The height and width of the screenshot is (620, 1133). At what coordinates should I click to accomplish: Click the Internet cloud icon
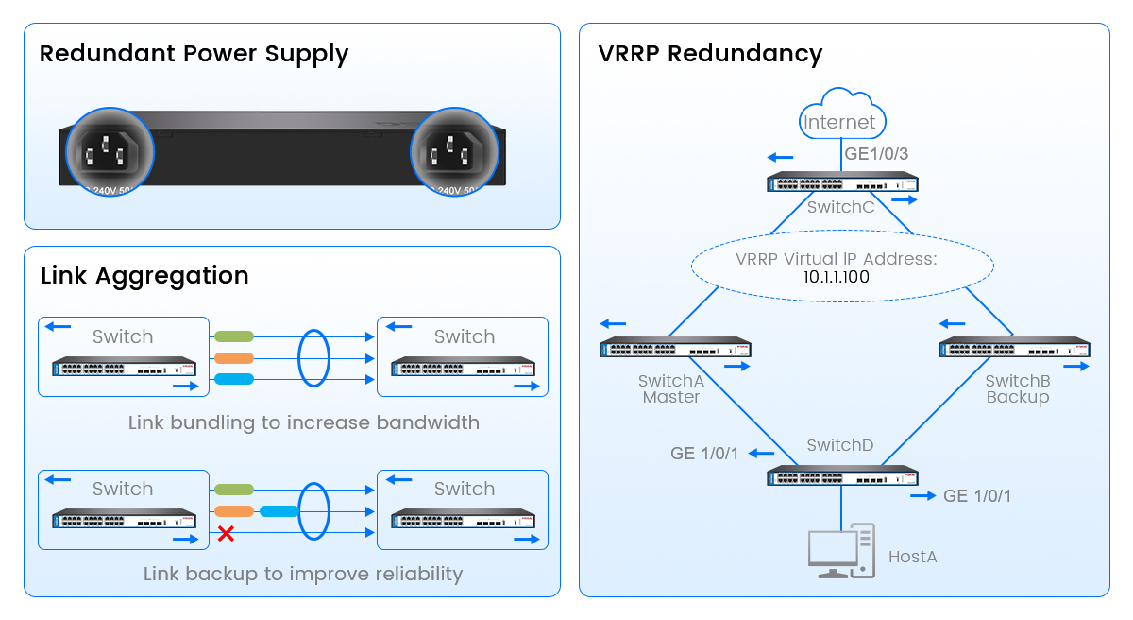tap(839, 115)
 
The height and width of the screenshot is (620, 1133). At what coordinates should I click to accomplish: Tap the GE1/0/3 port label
tap(876, 153)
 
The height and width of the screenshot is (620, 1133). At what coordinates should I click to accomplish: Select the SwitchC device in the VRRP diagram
tap(843, 182)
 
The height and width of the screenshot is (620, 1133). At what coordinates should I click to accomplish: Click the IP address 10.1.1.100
tap(836, 278)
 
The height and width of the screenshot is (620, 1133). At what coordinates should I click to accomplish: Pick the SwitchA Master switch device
tap(675, 348)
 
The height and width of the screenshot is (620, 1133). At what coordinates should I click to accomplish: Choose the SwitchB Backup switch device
tap(1014, 348)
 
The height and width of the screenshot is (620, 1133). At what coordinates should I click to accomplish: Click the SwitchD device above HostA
tap(842, 475)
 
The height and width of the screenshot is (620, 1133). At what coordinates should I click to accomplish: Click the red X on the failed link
tap(226, 534)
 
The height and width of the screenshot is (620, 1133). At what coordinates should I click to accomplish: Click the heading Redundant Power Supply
tap(194, 54)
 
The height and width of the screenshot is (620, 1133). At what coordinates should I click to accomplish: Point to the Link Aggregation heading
tap(144, 276)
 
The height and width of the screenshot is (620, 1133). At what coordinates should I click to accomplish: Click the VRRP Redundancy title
tap(710, 54)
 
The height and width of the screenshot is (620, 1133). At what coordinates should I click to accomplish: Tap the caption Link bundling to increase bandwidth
tap(303, 422)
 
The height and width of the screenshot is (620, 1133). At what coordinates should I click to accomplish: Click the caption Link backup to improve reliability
tap(303, 574)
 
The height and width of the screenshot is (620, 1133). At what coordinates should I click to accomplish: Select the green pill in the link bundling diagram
tap(234, 336)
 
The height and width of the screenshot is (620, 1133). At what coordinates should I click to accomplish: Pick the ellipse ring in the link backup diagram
tap(313, 511)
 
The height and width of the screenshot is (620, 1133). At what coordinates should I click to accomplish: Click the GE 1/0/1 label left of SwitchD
tap(705, 454)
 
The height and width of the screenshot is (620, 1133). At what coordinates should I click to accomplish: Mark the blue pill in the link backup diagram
tap(279, 511)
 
